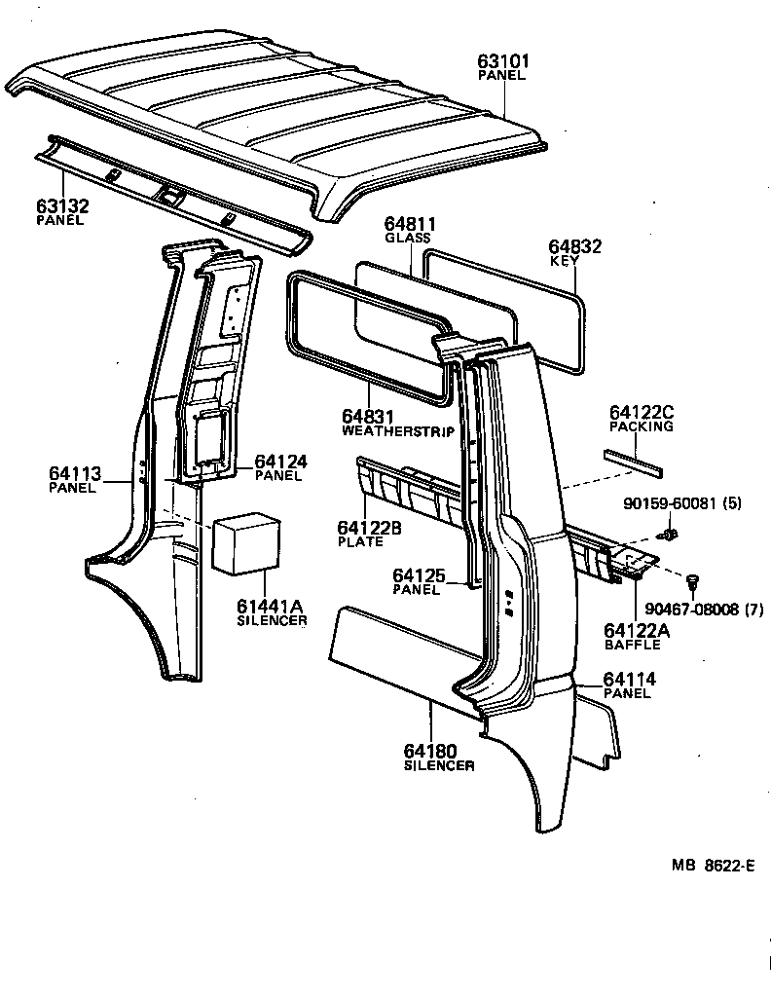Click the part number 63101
(x=503, y=61)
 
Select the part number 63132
(x=61, y=206)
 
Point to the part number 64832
(x=575, y=247)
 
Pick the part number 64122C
(x=642, y=413)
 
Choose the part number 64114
(x=629, y=680)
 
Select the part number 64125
(x=419, y=576)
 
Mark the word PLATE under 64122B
(x=360, y=541)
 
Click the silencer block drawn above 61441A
(x=246, y=543)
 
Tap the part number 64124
(x=281, y=461)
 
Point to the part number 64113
(x=75, y=474)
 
